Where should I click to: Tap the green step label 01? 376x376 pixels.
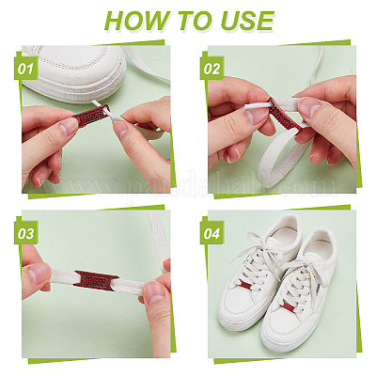click(x=25, y=69)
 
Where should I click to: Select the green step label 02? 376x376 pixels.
click(x=211, y=69)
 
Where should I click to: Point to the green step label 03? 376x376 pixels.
click(x=26, y=234)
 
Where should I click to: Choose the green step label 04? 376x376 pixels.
click(x=211, y=234)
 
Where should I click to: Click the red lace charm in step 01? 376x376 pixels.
click(x=90, y=116)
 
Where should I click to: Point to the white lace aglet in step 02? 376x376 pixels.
click(x=258, y=106)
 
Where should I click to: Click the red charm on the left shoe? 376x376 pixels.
click(x=246, y=286)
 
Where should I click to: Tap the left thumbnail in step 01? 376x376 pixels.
click(x=68, y=126)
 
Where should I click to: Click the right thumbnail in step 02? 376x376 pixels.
click(x=308, y=106)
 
